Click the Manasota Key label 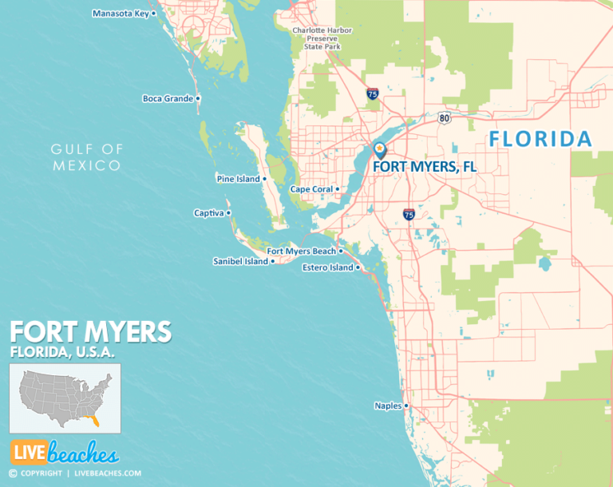tap(121, 14)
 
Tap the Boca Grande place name tap(168, 99)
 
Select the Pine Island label tap(238, 179)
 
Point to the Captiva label tap(209, 213)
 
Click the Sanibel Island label tap(240, 261)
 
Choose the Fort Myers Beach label tap(301, 251)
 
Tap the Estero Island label tap(327, 267)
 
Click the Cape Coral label tap(310, 189)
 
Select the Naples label tap(388, 406)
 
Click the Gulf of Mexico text tap(87, 157)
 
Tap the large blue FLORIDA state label tap(540, 139)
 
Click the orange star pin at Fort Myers tap(379, 148)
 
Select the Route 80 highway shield tap(444, 118)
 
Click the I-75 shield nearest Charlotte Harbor tap(372, 93)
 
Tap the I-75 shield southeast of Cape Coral tap(408, 214)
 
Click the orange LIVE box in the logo tap(28, 453)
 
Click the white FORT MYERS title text tap(89, 331)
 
